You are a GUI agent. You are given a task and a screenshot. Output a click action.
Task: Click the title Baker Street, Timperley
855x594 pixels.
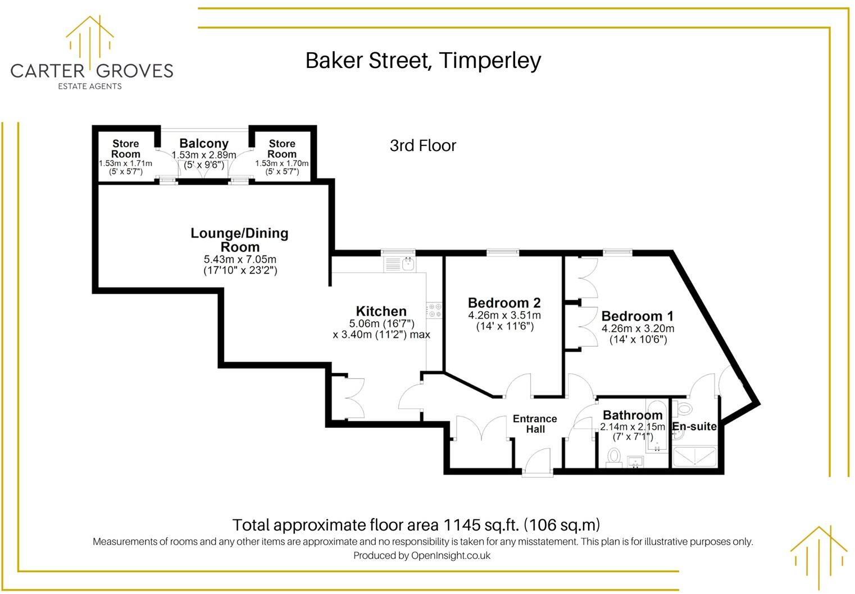[x=423, y=61]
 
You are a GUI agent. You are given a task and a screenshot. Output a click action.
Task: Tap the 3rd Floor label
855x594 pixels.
[x=423, y=146]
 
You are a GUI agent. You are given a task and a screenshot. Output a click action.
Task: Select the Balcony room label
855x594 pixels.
[x=204, y=144]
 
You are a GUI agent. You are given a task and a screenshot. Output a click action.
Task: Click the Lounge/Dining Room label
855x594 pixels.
[x=240, y=240]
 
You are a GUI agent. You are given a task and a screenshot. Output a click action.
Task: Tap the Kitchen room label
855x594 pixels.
[x=381, y=312]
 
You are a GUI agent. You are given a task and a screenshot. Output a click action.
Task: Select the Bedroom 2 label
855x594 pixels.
[x=504, y=303]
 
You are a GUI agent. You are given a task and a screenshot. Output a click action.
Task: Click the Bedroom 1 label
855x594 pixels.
[x=637, y=316]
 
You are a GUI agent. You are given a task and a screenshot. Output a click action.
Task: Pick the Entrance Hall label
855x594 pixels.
[x=535, y=424]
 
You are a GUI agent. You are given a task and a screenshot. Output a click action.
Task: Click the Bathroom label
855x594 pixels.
[x=633, y=415]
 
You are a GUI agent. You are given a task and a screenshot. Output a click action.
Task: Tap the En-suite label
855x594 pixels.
[x=695, y=427]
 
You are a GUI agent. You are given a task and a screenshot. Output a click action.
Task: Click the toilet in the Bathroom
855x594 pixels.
[x=613, y=456]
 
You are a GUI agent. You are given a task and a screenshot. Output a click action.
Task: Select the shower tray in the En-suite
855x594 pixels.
[x=695, y=456]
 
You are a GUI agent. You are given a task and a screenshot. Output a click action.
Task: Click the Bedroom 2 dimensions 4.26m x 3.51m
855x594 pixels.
[x=504, y=316]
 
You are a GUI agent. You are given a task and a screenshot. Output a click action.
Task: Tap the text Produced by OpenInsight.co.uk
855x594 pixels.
[x=422, y=556]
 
